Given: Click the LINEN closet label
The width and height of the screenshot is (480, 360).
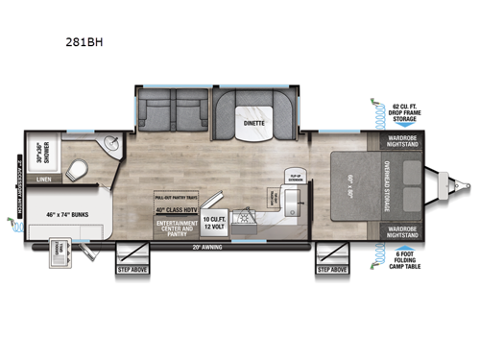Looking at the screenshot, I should pos(42,178).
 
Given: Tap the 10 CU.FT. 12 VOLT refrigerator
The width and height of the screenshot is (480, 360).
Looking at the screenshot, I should pos(213,227).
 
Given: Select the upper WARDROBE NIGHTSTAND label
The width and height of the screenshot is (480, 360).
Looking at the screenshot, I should pos(398,141).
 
